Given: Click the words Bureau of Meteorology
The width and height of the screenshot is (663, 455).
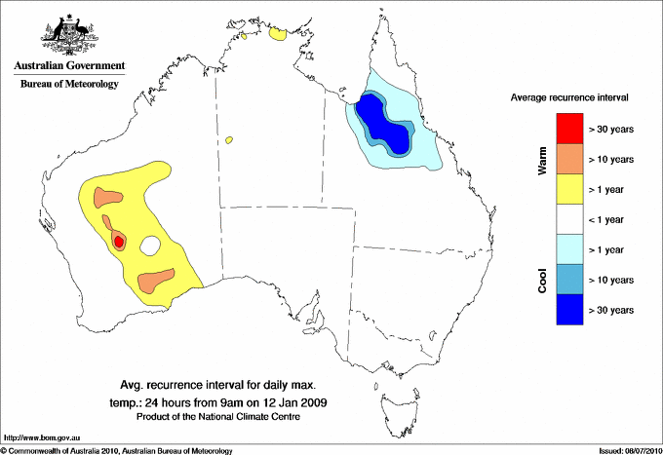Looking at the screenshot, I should (x=68, y=85).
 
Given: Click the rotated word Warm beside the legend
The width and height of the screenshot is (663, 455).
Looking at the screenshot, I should (x=543, y=158).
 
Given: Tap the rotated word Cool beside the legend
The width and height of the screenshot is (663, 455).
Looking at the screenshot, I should (x=543, y=279).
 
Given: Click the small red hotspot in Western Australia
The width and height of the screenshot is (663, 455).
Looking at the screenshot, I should (x=118, y=241).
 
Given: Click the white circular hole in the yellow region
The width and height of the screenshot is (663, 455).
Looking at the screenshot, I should (x=151, y=246).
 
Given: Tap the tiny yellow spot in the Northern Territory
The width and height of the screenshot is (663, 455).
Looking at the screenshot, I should (x=229, y=140).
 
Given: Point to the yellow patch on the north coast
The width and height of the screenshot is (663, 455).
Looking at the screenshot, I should (x=278, y=34).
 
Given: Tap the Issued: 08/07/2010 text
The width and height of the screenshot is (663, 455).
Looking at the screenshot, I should (x=625, y=450).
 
